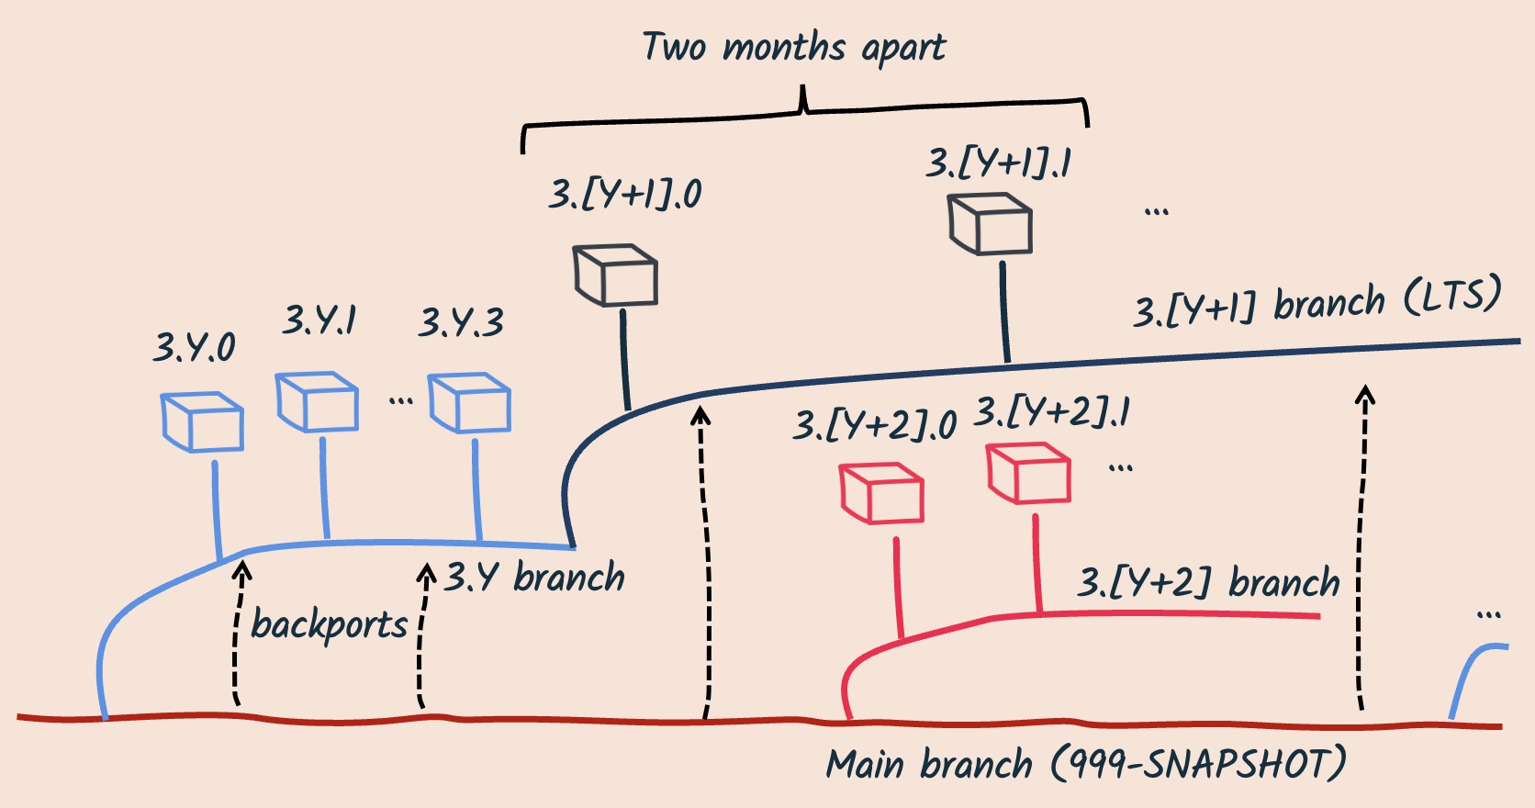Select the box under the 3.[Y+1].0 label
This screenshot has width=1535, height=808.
[615, 275]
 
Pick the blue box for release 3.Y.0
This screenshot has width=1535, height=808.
[202, 421]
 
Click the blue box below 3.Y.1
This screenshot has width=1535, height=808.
[317, 401]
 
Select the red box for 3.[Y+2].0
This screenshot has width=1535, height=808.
[881, 493]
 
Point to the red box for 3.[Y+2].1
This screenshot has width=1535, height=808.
[1028, 473]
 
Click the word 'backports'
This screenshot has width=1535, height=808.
[329, 625]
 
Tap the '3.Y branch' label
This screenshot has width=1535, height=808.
[534, 578]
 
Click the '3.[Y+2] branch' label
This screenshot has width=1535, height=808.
[1208, 583]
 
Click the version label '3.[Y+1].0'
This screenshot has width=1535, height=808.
[625, 195]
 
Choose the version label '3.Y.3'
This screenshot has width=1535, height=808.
[461, 323]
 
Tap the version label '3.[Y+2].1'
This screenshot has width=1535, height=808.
[1052, 412]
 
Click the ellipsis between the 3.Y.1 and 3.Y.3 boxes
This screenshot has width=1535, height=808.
[400, 400]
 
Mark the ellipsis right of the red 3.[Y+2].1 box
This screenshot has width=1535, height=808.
[1120, 468]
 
